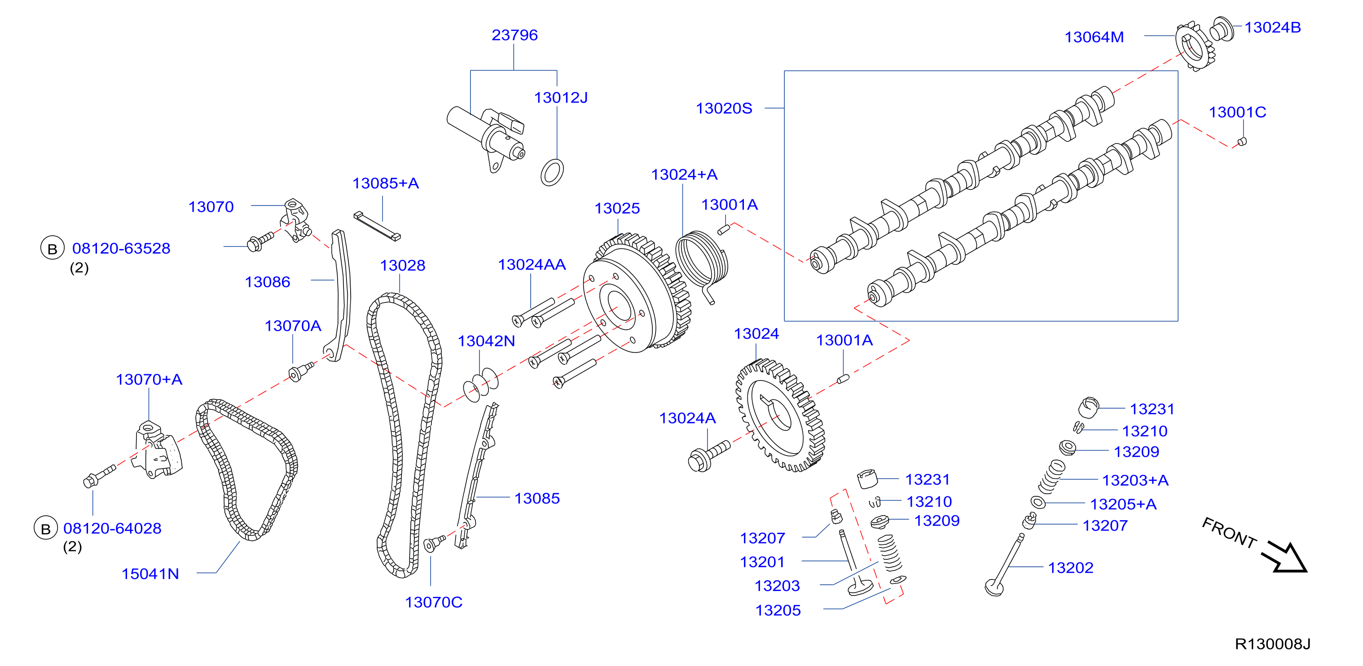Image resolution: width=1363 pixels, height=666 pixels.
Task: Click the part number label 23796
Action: (x=514, y=35)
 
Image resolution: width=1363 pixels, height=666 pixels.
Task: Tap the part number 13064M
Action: (x=1094, y=37)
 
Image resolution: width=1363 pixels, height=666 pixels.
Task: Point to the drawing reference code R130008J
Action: (x=1272, y=644)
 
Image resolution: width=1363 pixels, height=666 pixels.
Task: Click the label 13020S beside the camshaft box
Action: (x=724, y=109)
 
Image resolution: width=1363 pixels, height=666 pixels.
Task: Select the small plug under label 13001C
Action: (x=1242, y=141)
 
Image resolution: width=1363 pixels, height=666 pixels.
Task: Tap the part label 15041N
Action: (x=150, y=574)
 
